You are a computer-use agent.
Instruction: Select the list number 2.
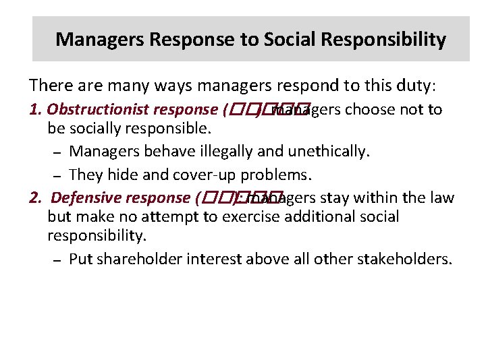point(34,198)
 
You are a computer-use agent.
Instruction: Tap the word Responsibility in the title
point(382,39)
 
